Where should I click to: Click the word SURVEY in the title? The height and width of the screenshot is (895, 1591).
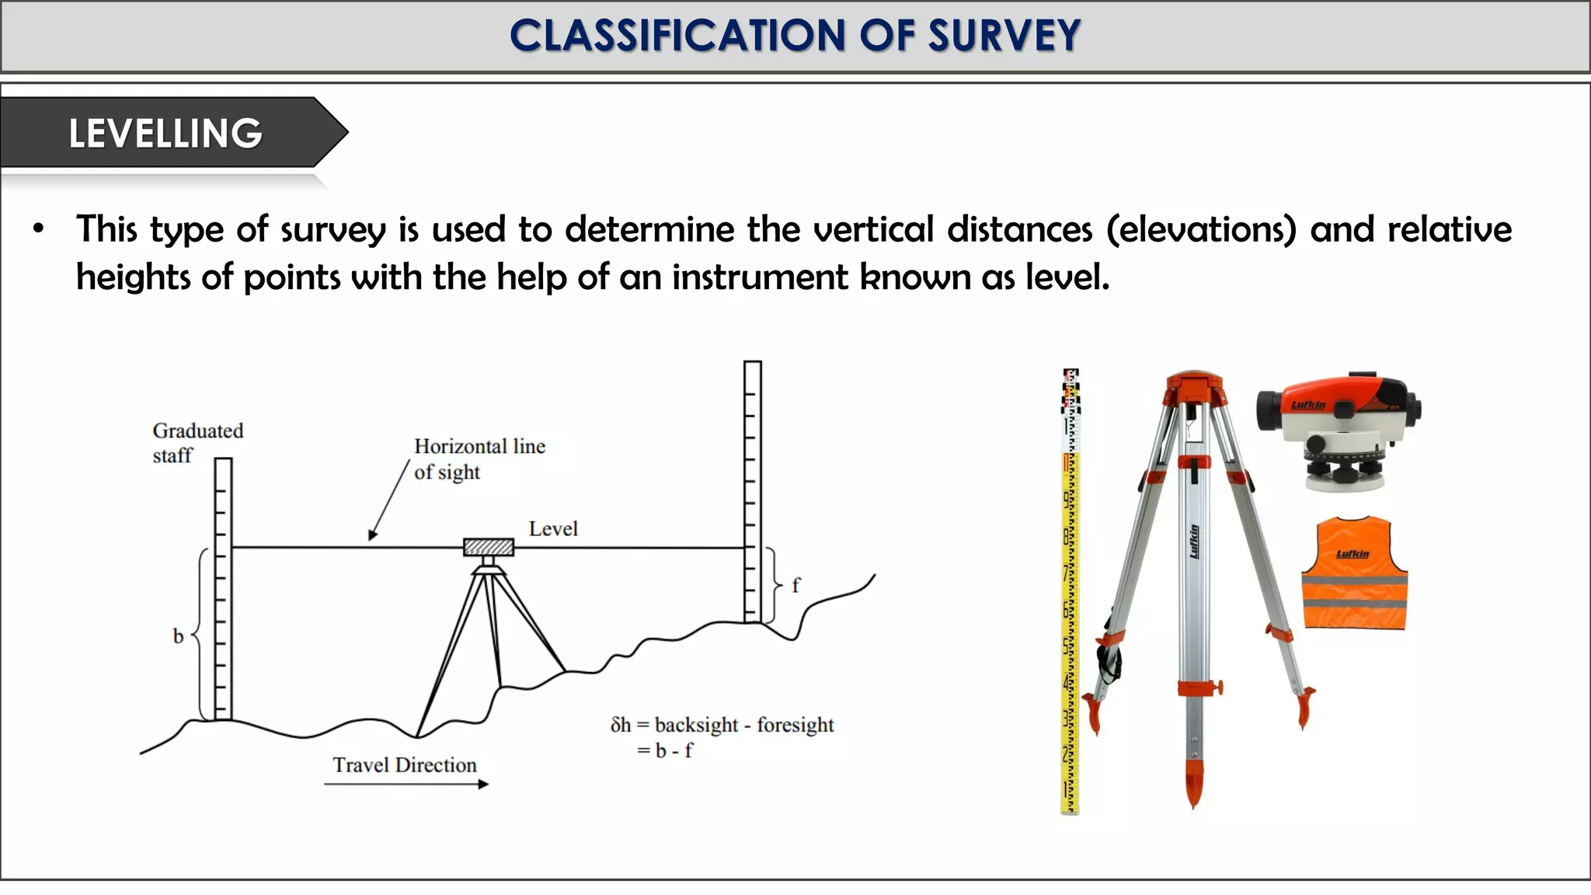pyautogui.click(x=1003, y=36)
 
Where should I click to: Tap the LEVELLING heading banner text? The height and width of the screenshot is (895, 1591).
pyautogui.click(x=165, y=133)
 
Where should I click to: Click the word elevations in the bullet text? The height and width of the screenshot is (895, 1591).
pyautogui.click(x=1201, y=230)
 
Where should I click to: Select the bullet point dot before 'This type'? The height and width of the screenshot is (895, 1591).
pyautogui.click(x=39, y=229)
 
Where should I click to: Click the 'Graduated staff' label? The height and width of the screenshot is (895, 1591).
pyautogui.click(x=197, y=443)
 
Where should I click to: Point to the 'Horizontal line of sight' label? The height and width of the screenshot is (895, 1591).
pyautogui.click(x=479, y=458)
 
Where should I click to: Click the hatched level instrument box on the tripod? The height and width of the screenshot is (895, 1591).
pyautogui.click(x=489, y=547)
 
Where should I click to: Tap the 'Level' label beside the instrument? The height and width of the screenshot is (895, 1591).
pyautogui.click(x=553, y=529)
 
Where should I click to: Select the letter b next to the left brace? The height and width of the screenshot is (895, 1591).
pyautogui.click(x=178, y=636)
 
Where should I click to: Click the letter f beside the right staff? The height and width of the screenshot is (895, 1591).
pyautogui.click(x=795, y=585)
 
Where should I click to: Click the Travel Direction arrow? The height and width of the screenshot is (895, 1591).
pyautogui.click(x=406, y=785)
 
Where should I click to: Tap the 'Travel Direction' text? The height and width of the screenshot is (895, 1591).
pyautogui.click(x=405, y=765)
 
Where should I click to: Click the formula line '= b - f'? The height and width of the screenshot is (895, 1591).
pyautogui.click(x=665, y=750)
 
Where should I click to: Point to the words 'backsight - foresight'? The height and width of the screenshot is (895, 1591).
pyautogui.click(x=743, y=725)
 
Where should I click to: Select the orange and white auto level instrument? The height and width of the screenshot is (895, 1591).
pyautogui.click(x=1339, y=431)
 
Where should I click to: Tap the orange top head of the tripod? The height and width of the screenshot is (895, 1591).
pyautogui.click(x=1194, y=386)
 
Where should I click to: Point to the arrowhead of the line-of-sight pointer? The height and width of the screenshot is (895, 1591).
pyautogui.click(x=372, y=535)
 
